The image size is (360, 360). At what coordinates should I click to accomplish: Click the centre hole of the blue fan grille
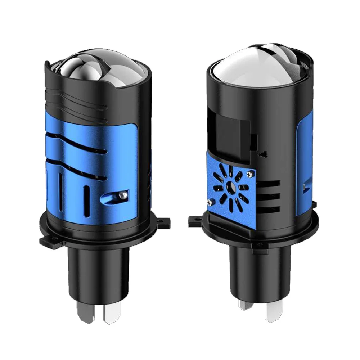[230, 187]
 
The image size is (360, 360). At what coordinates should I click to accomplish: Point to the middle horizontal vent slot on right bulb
[268, 197]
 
